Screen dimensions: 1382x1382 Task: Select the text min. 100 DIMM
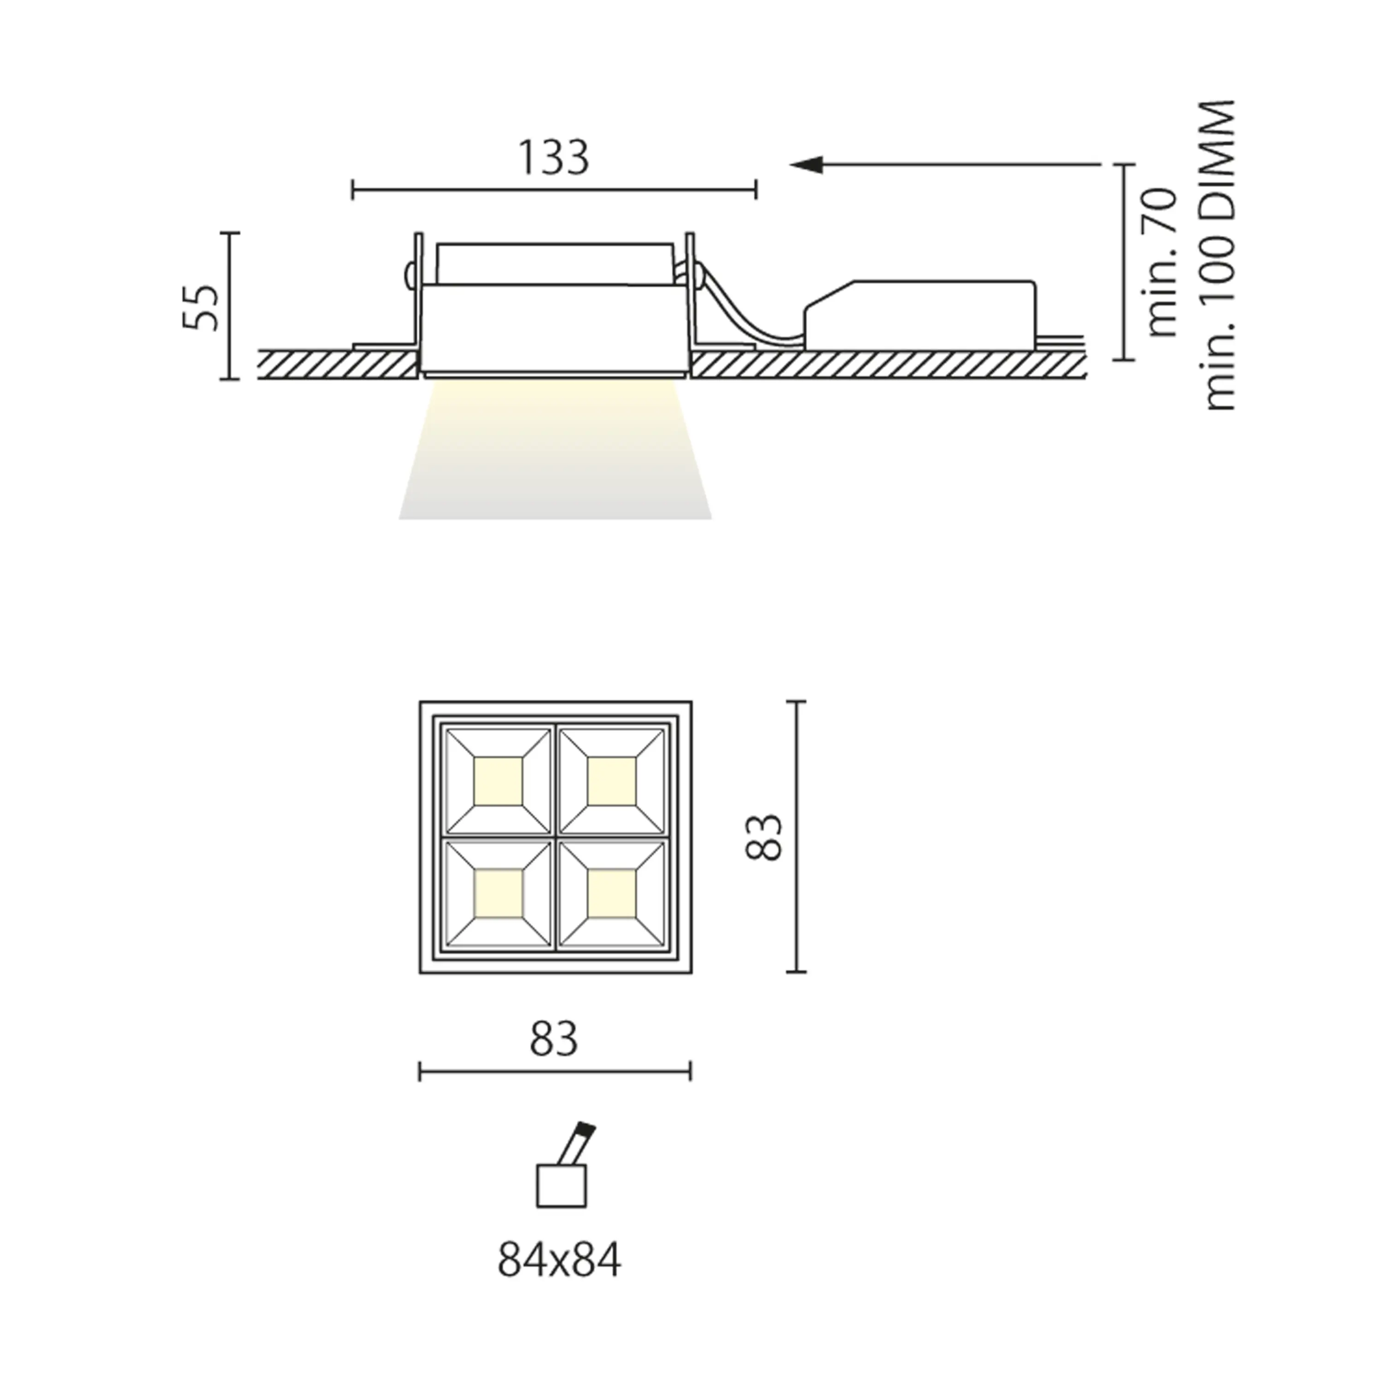(1220, 255)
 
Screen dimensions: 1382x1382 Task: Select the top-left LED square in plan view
(498, 780)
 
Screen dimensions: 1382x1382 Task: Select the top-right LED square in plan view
(611, 780)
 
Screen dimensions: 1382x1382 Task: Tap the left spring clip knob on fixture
(409, 274)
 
